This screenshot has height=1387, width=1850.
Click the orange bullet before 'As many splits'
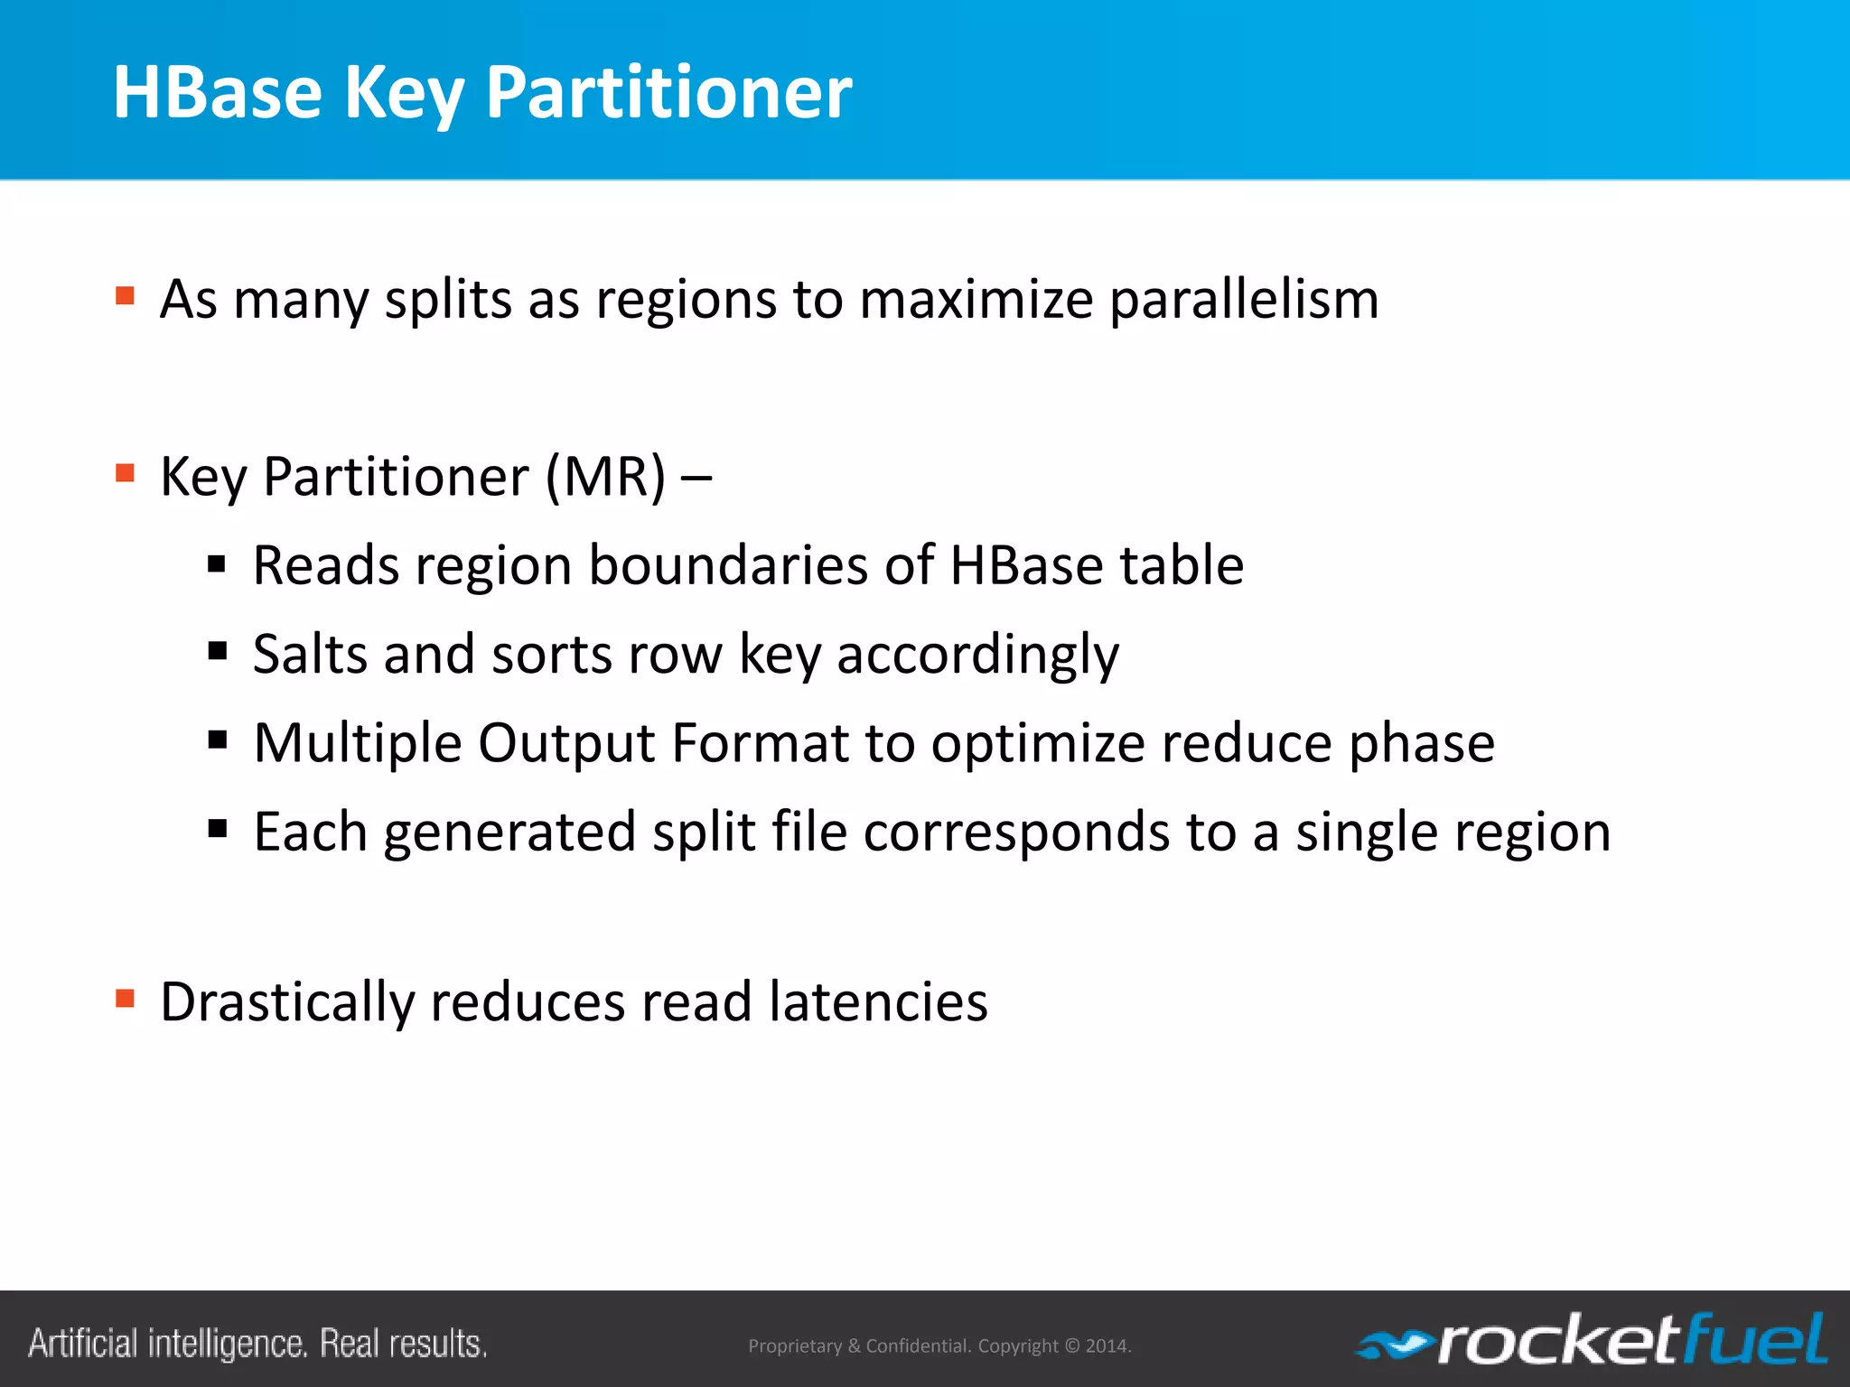pyautogui.click(x=126, y=295)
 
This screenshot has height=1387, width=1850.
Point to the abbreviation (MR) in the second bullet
pyautogui.click(x=605, y=477)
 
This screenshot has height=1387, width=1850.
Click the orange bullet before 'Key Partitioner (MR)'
pyautogui.click(x=126, y=472)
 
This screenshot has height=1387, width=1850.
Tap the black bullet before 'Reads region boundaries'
pyautogui.click(x=217, y=565)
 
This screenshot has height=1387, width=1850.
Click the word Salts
pyautogui.click(x=310, y=654)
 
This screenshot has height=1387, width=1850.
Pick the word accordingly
pyautogui.click(x=977, y=656)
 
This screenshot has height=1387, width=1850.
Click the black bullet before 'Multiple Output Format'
pyautogui.click(x=217, y=741)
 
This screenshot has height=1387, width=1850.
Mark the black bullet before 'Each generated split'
pyautogui.click(x=217, y=828)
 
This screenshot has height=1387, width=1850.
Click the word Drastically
pyautogui.click(x=286, y=1002)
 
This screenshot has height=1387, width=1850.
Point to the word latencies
pyautogui.click(x=878, y=1002)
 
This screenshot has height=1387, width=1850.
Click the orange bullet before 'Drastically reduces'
pyautogui.click(x=126, y=998)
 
